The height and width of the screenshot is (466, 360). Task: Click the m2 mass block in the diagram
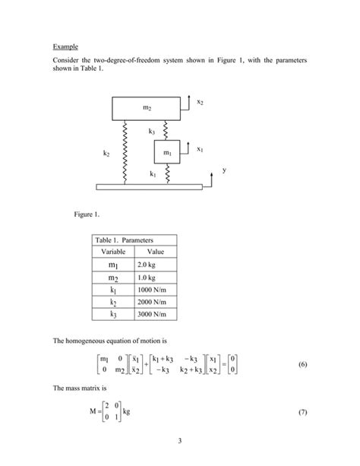[146, 108]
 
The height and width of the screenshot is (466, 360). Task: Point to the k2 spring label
[107, 154]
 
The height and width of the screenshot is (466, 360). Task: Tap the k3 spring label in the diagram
[152, 132]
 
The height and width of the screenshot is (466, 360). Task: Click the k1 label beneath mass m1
[153, 174]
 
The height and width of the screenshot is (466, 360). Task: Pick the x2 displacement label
[199, 101]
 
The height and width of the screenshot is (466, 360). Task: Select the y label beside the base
[224, 170]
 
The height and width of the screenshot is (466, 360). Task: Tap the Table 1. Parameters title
[122, 239]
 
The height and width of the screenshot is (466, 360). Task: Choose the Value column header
[155, 251]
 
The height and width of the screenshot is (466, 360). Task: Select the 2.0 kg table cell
[147, 264]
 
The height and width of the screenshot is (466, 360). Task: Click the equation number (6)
[302, 364]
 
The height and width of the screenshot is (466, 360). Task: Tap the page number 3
[180, 441]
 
